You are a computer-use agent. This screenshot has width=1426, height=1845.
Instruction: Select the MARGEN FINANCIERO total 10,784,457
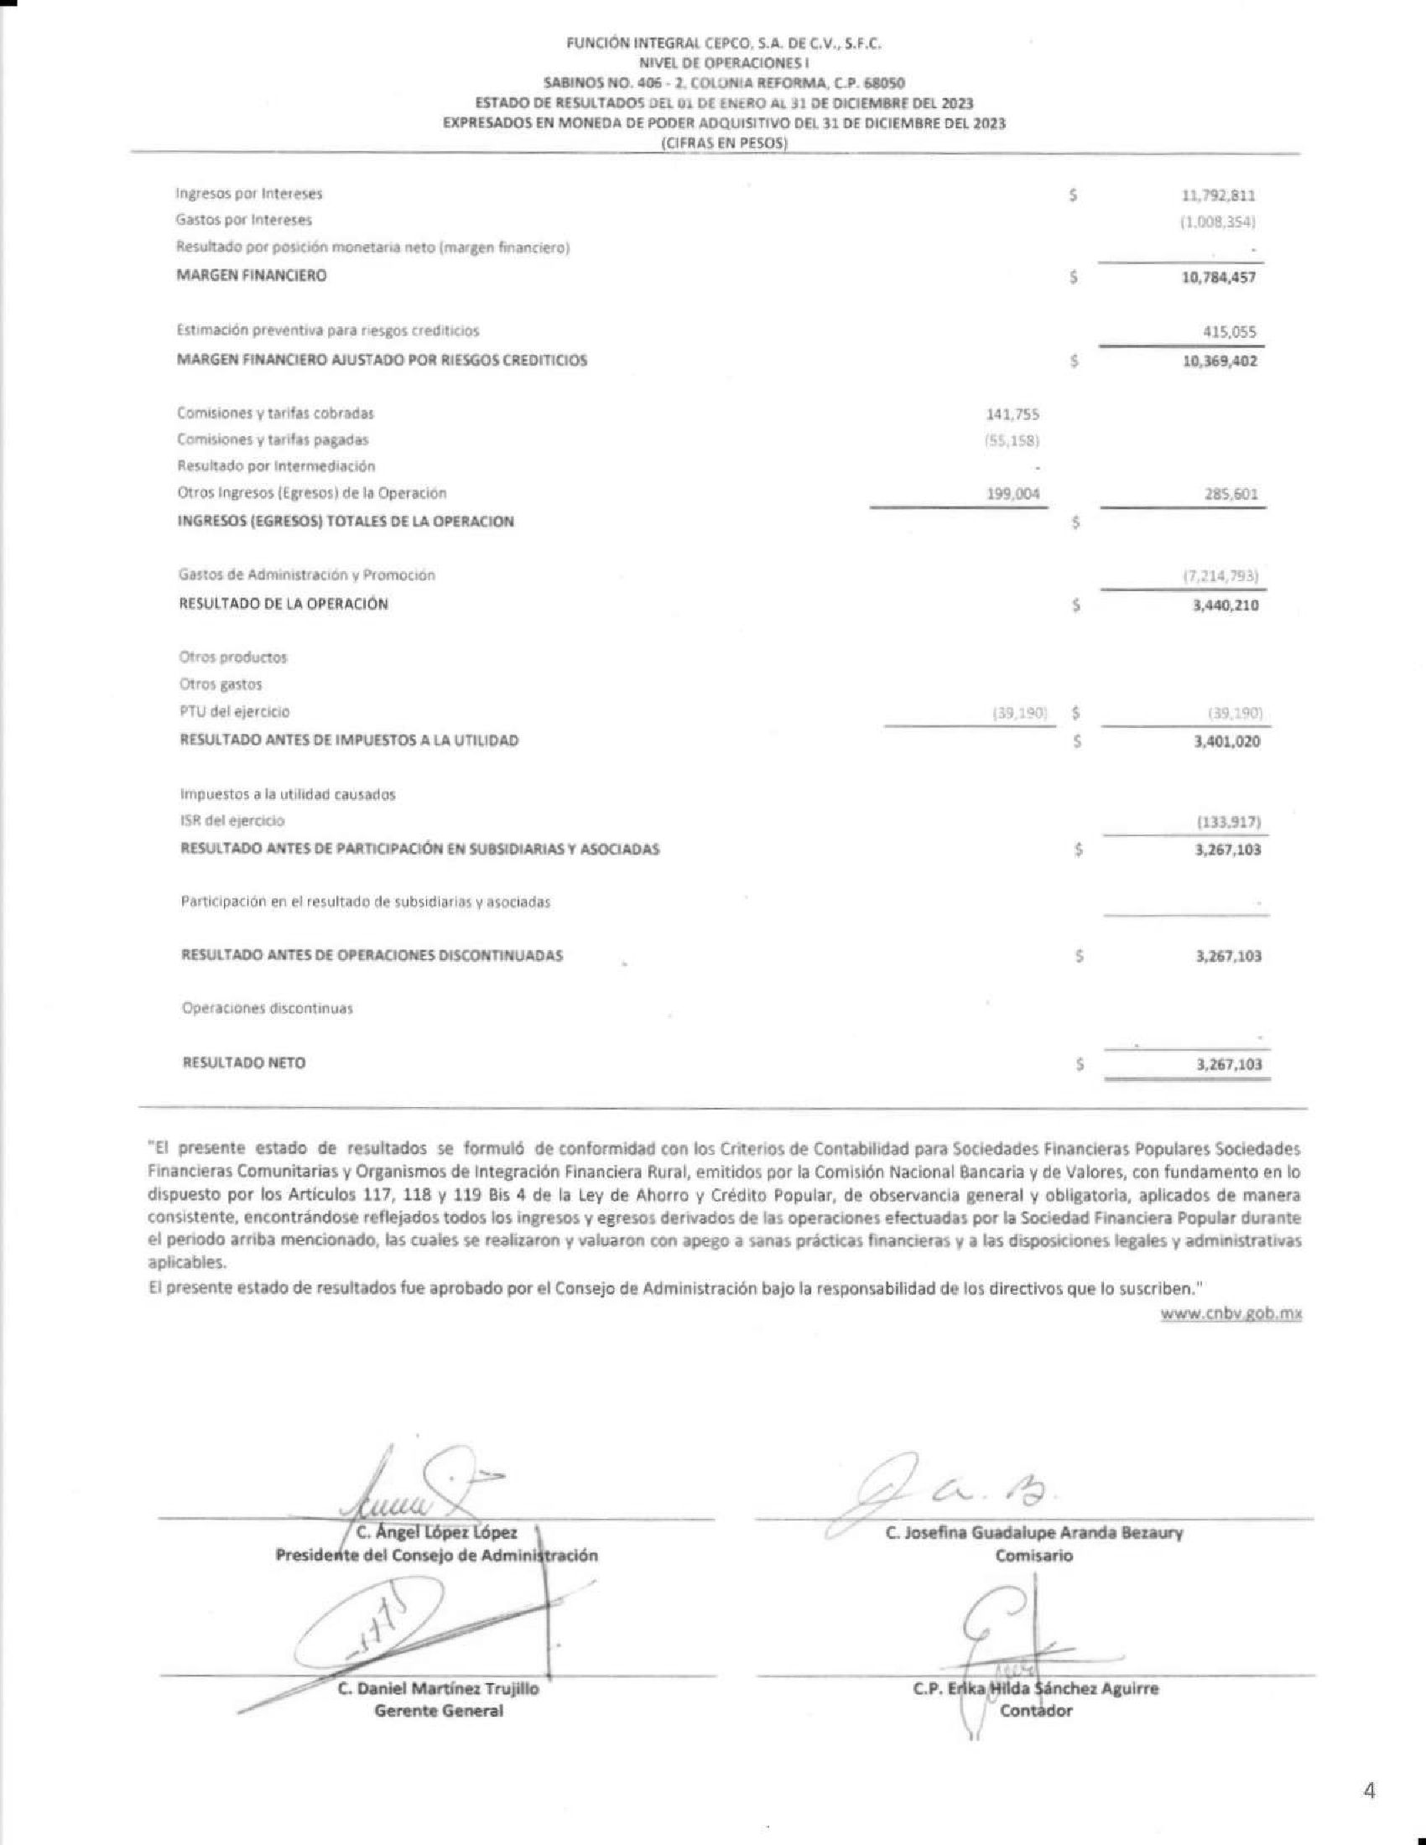coord(1218,277)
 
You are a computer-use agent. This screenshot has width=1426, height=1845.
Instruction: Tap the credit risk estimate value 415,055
coord(1229,332)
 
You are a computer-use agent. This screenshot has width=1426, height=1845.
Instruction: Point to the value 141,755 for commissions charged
coord(1012,414)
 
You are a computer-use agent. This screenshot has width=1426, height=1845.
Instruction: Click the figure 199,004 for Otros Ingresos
coord(1013,493)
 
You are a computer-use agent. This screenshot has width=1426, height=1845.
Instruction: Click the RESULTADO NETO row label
coord(244,1063)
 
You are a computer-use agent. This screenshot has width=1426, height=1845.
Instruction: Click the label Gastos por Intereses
coord(244,221)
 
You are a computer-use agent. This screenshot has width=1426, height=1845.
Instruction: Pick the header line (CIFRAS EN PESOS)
coord(723,143)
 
